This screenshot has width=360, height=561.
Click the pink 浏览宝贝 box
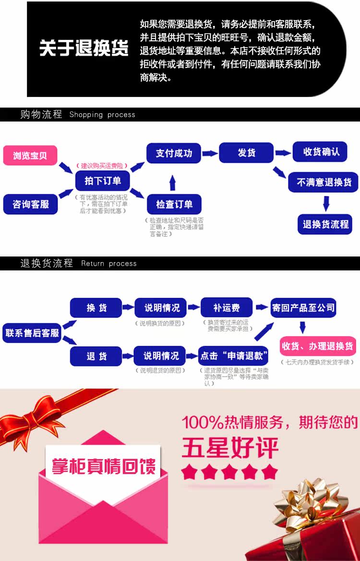[30, 156]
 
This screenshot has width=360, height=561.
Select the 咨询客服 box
[30, 205]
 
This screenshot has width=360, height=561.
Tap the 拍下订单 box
[102, 181]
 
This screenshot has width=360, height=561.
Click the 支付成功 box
[174, 153]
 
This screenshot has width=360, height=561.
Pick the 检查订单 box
[174, 205]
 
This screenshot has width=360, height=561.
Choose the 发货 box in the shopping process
[246, 153]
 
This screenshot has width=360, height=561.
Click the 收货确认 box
[321, 152]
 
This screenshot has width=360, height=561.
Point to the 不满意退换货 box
[324, 183]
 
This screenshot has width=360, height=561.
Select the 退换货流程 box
[325, 224]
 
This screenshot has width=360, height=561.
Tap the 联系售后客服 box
[32, 333]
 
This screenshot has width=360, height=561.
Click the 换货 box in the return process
[96, 308]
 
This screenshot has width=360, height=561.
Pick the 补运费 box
[226, 307]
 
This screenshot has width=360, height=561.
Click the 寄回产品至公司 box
[303, 307]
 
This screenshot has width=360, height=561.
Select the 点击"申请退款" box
[233, 356]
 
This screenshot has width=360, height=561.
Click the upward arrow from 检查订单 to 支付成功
[173, 183]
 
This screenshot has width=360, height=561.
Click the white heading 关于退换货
[84, 49]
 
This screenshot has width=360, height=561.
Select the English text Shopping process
[102, 115]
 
